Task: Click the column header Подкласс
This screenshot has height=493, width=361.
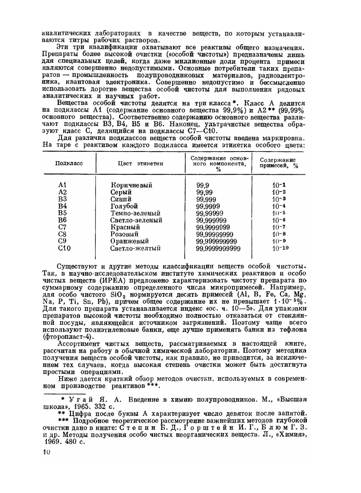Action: [69, 163]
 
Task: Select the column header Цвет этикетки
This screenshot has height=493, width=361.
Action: [140, 163]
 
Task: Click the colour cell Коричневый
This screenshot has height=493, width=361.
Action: [131, 185]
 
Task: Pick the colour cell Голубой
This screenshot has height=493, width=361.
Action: [124, 206]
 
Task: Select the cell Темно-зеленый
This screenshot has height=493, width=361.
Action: [135, 213]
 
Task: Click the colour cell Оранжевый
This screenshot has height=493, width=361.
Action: [130, 241]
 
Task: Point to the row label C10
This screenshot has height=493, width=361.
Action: [64, 248]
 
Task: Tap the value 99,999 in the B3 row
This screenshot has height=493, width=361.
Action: [206, 199]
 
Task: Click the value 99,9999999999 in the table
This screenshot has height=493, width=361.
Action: [218, 248]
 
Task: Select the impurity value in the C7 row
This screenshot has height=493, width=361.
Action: [279, 227]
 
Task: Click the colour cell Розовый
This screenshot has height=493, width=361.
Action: [125, 234]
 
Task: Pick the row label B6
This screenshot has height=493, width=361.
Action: [62, 220]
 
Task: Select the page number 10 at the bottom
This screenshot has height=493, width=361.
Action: [46, 452]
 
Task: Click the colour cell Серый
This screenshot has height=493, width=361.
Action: [121, 192]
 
